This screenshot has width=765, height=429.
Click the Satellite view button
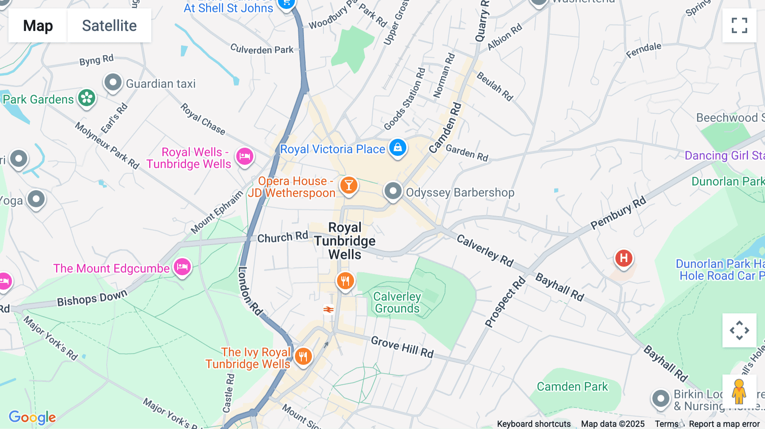click(x=109, y=25)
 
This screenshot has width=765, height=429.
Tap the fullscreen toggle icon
click(x=739, y=25)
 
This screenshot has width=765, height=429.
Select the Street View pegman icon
click(x=739, y=391)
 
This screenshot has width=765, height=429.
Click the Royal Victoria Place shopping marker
click(x=398, y=148)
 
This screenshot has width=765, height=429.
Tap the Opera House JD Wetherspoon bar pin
click(x=349, y=186)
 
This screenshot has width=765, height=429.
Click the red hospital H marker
click(x=623, y=258)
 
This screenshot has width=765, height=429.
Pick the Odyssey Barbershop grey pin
click(x=393, y=191)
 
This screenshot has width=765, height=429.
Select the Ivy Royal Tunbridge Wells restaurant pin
click(x=303, y=356)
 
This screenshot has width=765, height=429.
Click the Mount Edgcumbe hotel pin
click(x=182, y=267)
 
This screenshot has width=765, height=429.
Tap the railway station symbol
click(x=329, y=309)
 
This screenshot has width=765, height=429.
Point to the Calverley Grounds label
click(x=397, y=302)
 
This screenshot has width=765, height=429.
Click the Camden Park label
click(x=572, y=387)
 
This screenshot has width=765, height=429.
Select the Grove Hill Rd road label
click(x=402, y=347)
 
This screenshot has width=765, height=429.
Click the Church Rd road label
click(x=282, y=237)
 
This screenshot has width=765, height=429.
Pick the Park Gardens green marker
click(x=87, y=98)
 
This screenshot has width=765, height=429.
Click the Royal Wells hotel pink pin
click(x=245, y=156)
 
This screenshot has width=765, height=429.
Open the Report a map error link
click(x=724, y=424)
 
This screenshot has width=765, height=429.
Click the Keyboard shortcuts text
click(x=533, y=424)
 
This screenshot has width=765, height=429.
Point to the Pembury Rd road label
click(x=618, y=213)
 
